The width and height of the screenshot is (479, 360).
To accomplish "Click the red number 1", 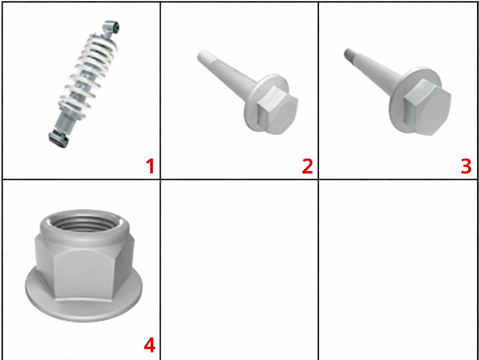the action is tap(150, 166).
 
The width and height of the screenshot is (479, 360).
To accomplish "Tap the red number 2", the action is tap(308, 166).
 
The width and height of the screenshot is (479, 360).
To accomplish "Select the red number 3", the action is tap(466, 166).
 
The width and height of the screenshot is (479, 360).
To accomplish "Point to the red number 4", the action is tap(150, 345).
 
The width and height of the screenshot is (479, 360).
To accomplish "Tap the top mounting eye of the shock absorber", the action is tap(111, 28).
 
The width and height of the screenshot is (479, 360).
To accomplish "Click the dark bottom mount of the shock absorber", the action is tap(58, 139).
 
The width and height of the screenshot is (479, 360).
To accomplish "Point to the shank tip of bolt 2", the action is tap(203, 56).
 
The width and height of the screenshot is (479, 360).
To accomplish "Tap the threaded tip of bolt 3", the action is tap(348, 54).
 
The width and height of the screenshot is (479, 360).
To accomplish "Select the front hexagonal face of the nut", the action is tap(83, 273).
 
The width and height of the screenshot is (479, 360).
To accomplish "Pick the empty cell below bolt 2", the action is tap(239, 270).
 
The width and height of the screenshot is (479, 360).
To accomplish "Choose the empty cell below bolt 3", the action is tap(398, 270).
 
